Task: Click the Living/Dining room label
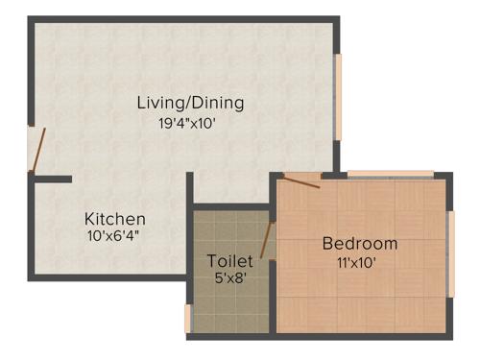click(x=190, y=102)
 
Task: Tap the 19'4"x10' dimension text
click(x=193, y=123)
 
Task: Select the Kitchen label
click(x=115, y=219)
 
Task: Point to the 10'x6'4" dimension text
click(x=113, y=235)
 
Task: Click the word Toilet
click(x=230, y=261)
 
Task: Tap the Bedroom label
click(x=359, y=244)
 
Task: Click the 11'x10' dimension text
click(x=356, y=262)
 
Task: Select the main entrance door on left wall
click(x=36, y=151)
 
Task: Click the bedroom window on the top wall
click(x=390, y=174)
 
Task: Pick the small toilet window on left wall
click(x=189, y=318)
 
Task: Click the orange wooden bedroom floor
click(x=365, y=298)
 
